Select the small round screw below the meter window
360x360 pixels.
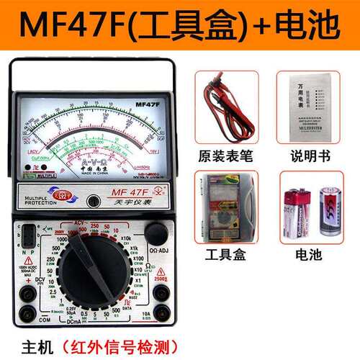click(92, 202)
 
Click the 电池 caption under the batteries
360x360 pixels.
click(311, 255)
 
